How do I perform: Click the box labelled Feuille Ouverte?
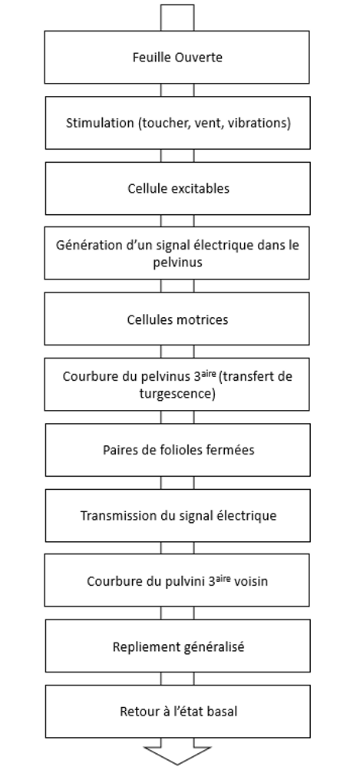pos(177,57)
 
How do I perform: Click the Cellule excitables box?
pos(178,188)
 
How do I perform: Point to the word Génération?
pos(82,245)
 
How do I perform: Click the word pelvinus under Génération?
pos(177,263)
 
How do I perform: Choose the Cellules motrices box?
pos(177,319)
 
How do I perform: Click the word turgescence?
pos(177,394)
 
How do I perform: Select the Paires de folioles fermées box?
pos(178,450)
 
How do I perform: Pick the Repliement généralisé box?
pos(178,646)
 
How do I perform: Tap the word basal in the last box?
pos(224,711)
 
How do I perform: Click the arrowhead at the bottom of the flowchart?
pos(177,755)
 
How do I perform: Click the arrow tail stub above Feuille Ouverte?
pos(177,18)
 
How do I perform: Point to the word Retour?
pos(135,711)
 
